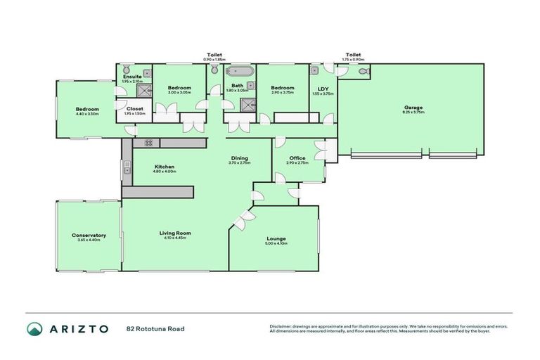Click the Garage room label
click(413, 108)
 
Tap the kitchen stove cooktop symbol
click(149, 143)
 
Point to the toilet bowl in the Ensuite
click(125, 70)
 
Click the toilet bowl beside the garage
click(362, 72)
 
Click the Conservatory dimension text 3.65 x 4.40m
click(89, 240)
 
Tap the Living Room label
click(174, 233)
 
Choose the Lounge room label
click(276, 239)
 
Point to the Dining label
click(239, 158)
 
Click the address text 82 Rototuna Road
click(155, 329)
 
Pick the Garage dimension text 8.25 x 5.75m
click(413, 112)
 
